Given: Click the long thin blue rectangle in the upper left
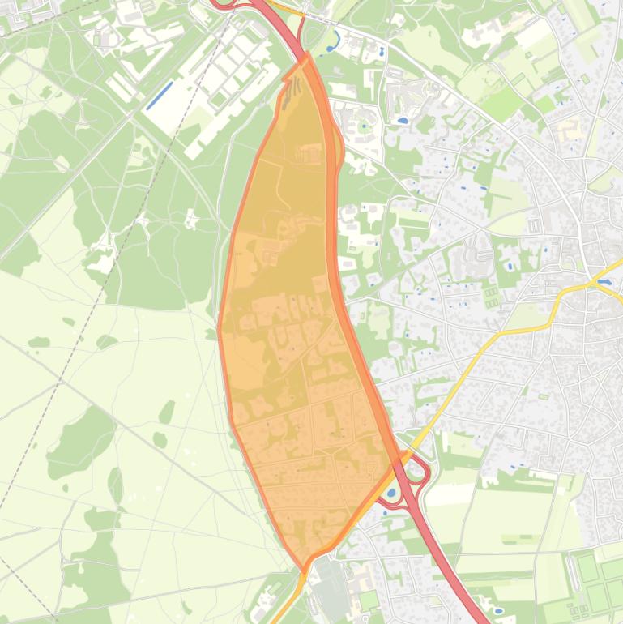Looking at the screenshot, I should (x=160, y=95).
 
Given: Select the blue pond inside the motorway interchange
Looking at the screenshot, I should (x=392, y=492).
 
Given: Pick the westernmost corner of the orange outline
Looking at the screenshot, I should (x=219, y=329).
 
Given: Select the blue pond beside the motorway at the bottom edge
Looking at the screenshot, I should (x=497, y=610).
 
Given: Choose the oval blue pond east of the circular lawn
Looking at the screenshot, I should (x=402, y=121).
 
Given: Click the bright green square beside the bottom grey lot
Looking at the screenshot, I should (x=369, y=599).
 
